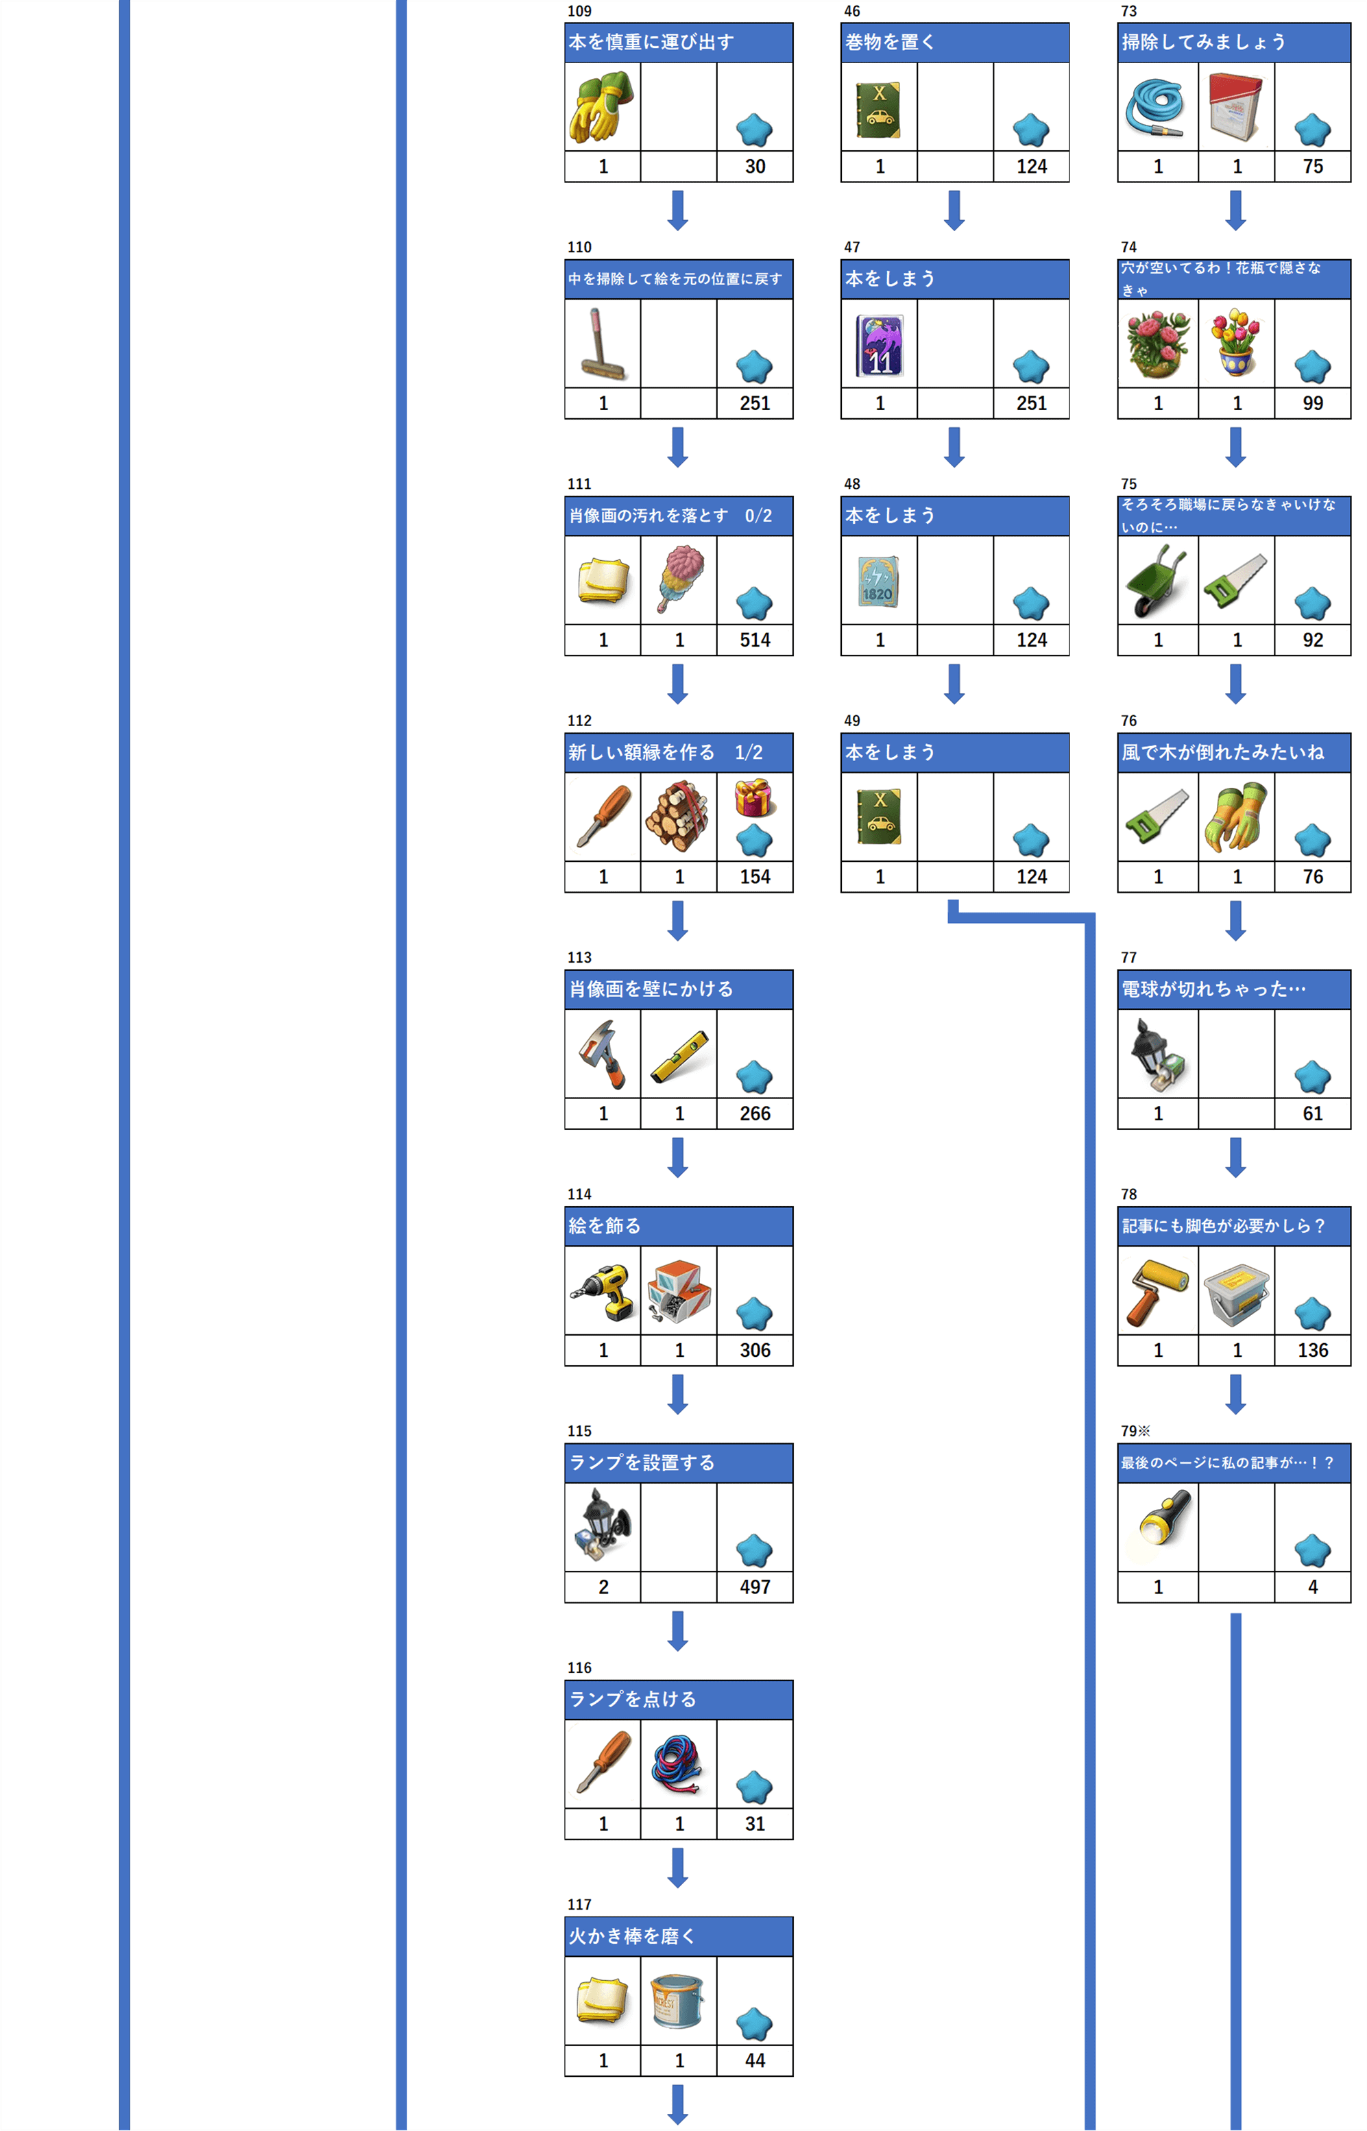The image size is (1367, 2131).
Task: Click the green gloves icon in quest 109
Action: pos(602,106)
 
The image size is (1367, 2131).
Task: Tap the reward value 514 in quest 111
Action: pos(755,640)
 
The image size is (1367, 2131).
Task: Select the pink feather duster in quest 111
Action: pos(680,579)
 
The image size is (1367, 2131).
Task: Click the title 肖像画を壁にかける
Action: pos(651,989)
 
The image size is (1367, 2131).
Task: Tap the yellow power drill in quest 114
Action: pos(603,1291)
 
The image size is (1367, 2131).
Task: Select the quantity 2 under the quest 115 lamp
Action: pos(603,1587)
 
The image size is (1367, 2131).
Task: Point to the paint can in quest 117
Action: pos(678,2001)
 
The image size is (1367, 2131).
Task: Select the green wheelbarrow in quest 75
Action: pos(1156,579)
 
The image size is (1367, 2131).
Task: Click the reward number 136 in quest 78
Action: pos(1312,1350)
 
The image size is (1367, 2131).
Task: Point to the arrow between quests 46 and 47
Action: pos(954,210)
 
